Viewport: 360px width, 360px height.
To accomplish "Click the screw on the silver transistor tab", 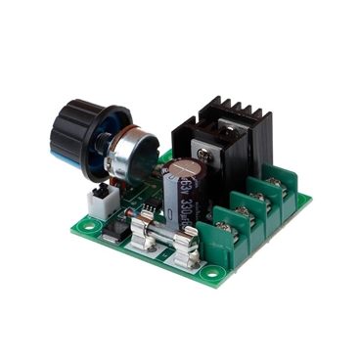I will tap(205, 152).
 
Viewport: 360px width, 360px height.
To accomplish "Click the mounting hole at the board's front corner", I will tap(207, 275).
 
